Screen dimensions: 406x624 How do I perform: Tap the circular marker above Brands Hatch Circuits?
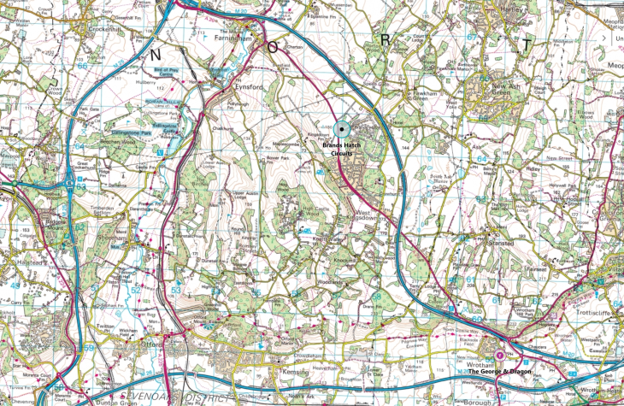343,129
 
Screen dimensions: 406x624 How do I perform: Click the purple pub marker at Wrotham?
499,354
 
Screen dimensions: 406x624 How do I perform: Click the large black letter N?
156,53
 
